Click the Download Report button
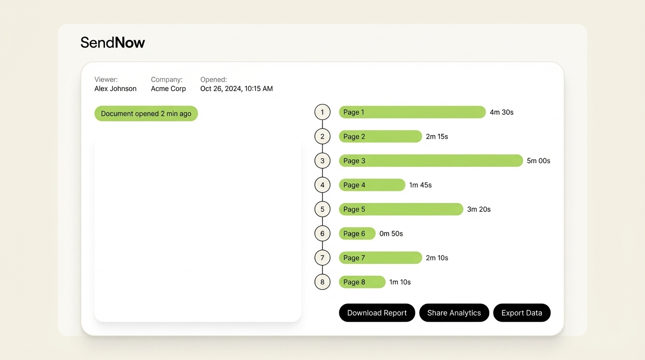(377, 313)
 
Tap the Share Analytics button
(454, 313)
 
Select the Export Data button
(522, 313)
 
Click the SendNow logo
(112, 43)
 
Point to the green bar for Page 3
(430, 161)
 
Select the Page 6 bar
(357, 233)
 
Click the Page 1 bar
(412, 112)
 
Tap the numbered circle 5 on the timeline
(322, 209)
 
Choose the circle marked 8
(322, 282)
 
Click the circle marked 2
(322, 136)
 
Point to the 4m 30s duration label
(502, 112)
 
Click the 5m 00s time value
(539, 161)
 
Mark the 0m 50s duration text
(391, 233)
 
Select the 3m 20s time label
(479, 209)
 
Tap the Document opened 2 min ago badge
(146, 113)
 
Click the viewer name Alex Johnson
(115, 89)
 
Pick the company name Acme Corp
(168, 89)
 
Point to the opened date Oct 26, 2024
(236, 89)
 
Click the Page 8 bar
(362, 282)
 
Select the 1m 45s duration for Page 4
(420, 185)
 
